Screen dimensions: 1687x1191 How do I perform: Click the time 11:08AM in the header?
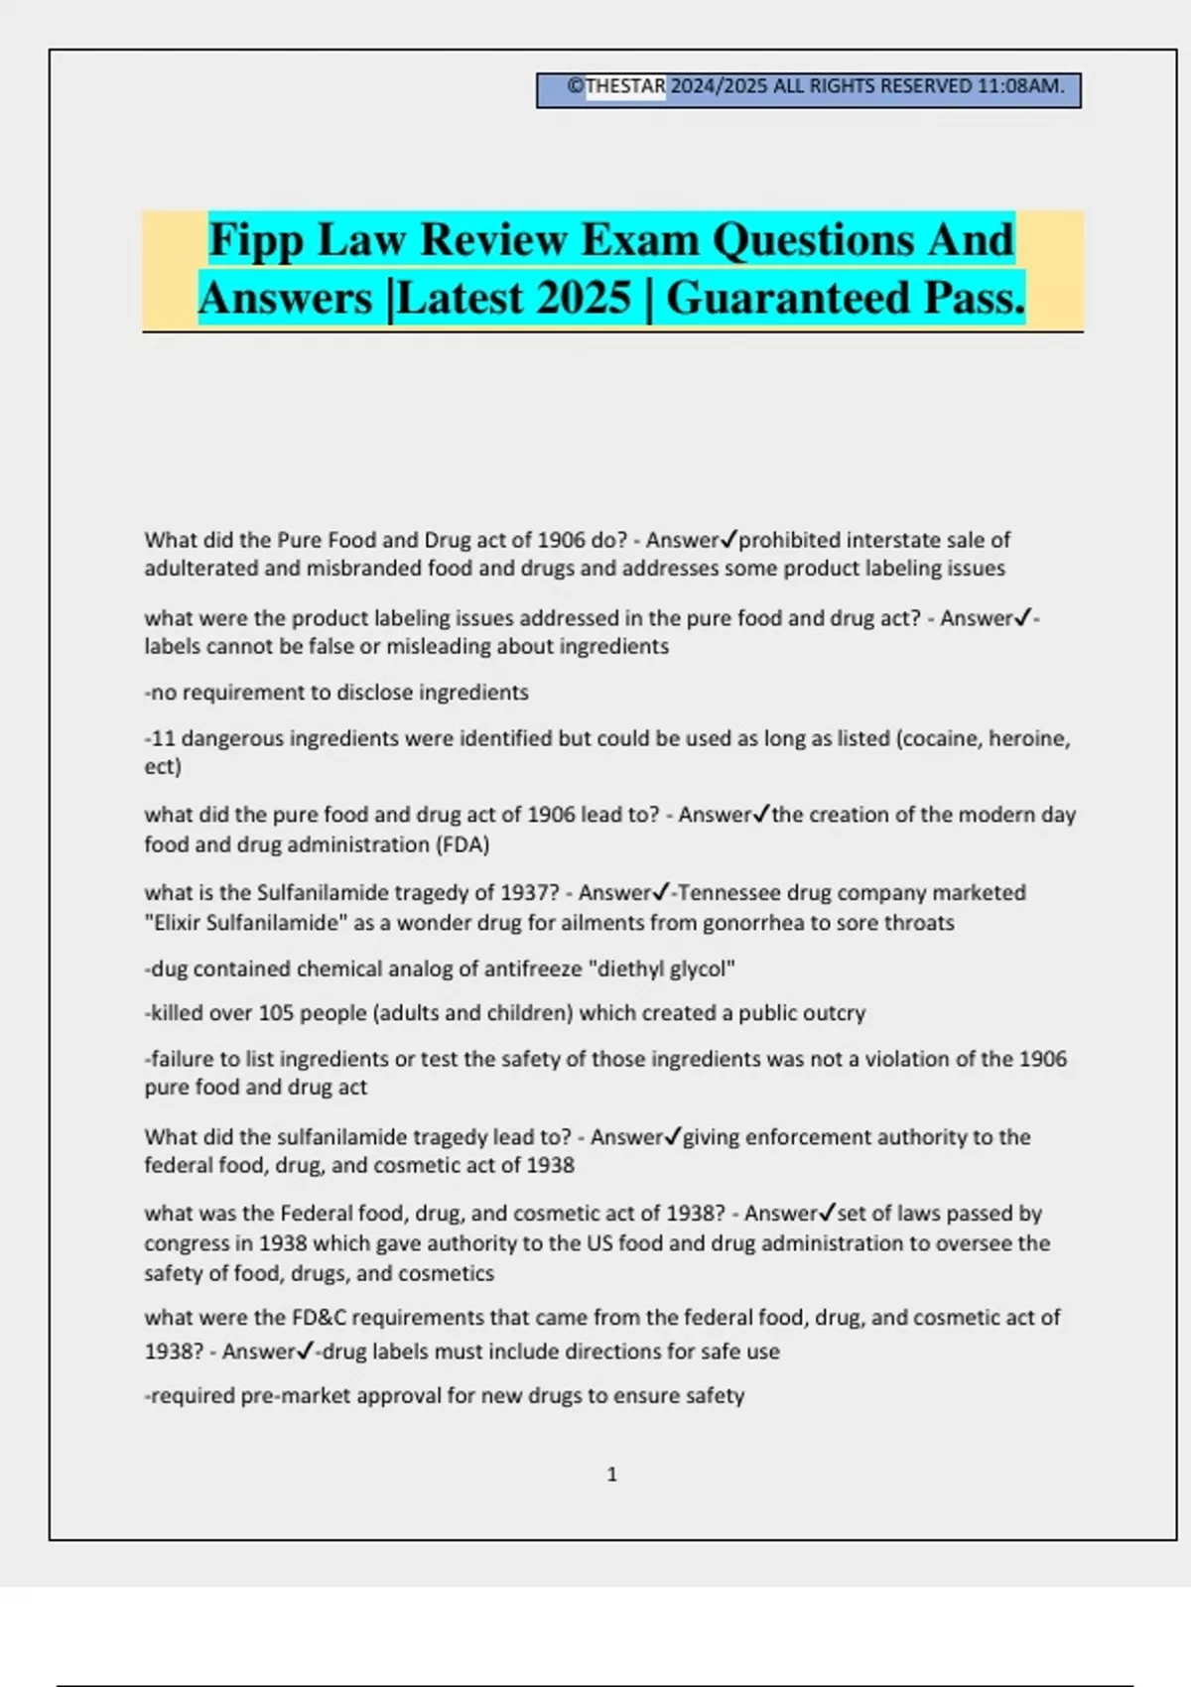pos(1019,86)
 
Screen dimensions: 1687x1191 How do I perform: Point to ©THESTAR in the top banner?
pos(616,86)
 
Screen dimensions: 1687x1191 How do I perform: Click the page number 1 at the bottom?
pos(611,1475)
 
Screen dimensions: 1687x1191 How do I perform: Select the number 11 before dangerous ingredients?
pos(163,738)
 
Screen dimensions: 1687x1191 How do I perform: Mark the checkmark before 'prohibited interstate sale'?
pos(728,540)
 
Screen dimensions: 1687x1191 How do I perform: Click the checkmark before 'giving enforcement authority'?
pos(673,1136)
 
